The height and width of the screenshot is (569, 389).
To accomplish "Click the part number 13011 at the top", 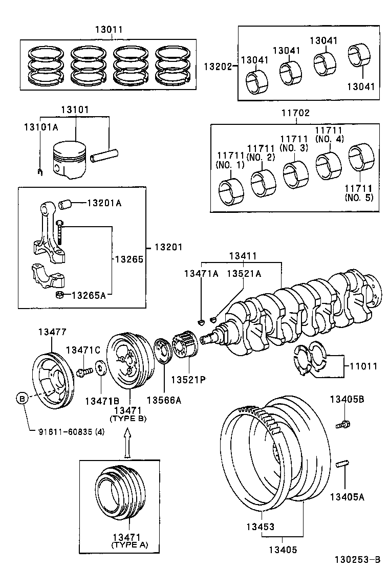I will tap(109, 29).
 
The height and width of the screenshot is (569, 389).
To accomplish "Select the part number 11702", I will tap(295, 113).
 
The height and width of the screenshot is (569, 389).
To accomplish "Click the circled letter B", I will tap(21, 398).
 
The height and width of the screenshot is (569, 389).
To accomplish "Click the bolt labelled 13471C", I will tap(83, 372).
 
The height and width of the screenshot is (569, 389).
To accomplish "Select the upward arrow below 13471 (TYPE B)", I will tap(127, 441).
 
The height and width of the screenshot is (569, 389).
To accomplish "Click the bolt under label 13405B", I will tap(343, 424).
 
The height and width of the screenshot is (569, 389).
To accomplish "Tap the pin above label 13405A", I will tap(343, 465).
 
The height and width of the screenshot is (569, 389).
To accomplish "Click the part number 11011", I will tap(363, 366).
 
